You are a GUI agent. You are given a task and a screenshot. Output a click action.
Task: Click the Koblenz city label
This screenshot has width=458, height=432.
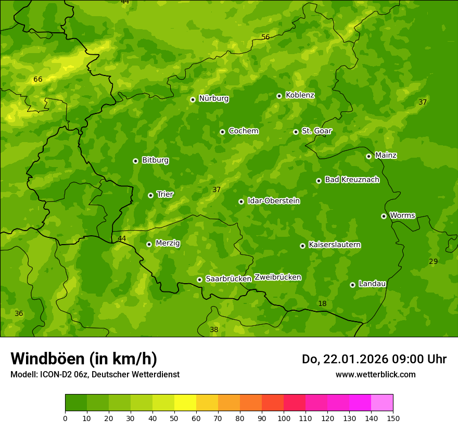[x=300, y=95]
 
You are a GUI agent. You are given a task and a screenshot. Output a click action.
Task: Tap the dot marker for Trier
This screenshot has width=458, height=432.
[x=150, y=195]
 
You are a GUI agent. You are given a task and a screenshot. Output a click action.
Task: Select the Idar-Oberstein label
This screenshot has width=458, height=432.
[x=273, y=201]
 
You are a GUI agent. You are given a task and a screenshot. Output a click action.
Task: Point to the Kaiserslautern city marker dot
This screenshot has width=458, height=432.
[x=302, y=246]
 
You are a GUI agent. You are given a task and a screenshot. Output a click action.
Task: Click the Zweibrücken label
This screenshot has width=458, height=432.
[x=277, y=277]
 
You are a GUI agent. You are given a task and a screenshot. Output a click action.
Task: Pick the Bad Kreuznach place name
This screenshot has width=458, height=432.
[x=352, y=180]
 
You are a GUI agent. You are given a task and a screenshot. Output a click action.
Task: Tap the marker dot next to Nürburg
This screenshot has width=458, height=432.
[x=193, y=99]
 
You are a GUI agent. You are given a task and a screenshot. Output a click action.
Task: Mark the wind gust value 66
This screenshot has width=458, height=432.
[x=37, y=80]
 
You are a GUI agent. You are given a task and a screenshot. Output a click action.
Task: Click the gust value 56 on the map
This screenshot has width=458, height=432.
[x=265, y=37]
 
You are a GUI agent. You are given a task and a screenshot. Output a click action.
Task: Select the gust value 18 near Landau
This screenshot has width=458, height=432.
[x=322, y=303]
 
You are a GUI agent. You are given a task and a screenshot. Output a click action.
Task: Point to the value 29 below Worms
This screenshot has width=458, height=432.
[x=433, y=261]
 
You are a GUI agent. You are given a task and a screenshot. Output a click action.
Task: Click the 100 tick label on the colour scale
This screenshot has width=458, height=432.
[x=284, y=418]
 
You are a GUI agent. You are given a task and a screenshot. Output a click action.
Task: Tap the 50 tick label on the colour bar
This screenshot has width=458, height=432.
[x=174, y=418]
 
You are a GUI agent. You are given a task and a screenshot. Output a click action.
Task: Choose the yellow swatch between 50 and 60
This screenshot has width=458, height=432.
[x=185, y=403]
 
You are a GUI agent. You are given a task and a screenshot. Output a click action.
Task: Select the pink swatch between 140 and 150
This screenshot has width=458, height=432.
[x=382, y=403]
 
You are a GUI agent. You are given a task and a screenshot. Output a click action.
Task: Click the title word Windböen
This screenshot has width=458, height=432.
[x=47, y=359]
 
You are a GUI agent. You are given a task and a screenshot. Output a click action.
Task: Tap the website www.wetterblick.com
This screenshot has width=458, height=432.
[x=375, y=374]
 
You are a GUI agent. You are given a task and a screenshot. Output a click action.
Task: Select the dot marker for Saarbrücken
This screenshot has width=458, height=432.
[x=199, y=279]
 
